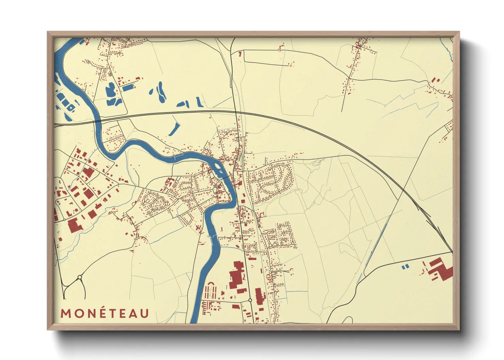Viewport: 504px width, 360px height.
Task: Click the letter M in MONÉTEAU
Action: pyautogui.click(x=66, y=313)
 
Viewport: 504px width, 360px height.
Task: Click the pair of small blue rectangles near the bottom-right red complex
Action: pyautogui.click(x=405, y=267)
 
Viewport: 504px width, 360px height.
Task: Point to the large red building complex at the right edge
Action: pyautogui.click(x=441, y=269)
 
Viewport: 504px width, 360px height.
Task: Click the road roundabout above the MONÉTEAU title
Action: pyautogui.click(x=80, y=277)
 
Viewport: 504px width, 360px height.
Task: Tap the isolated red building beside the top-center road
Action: pyautogui.click(x=240, y=53)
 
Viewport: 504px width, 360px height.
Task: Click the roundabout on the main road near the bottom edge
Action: pyautogui.click(x=250, y=300)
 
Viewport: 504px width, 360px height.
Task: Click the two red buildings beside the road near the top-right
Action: pyautogui.click(x=436, y=80)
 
